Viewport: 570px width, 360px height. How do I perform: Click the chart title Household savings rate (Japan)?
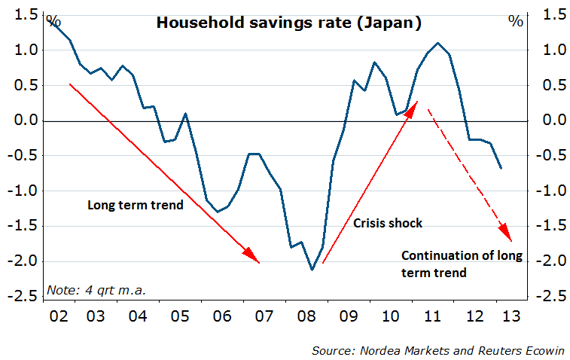[288, 23]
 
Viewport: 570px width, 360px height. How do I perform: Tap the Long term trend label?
[136, 204]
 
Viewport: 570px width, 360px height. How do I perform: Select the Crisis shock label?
[388, 223]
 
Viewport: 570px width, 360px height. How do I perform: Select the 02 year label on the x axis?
[59, 317]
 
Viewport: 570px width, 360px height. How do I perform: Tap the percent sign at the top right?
[515, 21]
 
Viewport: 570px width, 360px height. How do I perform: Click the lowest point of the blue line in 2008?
[312, 270]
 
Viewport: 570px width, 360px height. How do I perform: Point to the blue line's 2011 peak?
[437, 44]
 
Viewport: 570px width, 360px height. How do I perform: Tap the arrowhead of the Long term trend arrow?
[253, 257]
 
